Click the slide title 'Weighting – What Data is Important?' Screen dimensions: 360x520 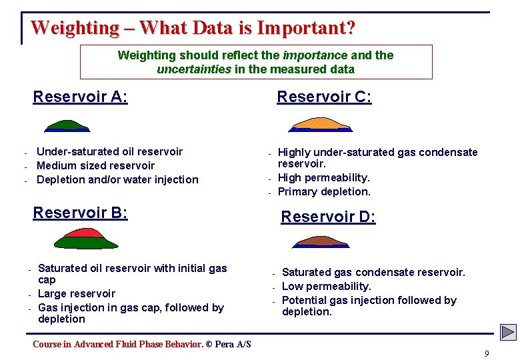pyautogui.click(x=193, y=28)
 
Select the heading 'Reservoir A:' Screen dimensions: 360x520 pyautogui.click(x=80, y=97)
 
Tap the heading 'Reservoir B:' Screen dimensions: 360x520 pyautogui.click(x=80, y=213)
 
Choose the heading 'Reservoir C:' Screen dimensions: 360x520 pyautogui.click(x=324, y=97)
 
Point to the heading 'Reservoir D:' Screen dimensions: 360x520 pyautogui.click(x=328, y=217)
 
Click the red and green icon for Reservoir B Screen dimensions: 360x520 pyautogui.click(x=85, y=238)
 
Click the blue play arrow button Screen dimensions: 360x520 pyautogui.click(x=508, y=332)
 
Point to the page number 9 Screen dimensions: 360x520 pyautogui.click(x=487, y=353)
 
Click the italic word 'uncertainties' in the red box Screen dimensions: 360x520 pyautogui.click(x=193, y=69)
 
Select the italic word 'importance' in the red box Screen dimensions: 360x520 pyautogui.click(x=315, y=55)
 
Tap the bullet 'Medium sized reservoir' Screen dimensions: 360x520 pyautogui.click(x=95, y=165)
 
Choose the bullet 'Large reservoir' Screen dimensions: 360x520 pyautogui.click(x=77, y=293)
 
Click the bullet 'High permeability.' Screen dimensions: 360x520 pyautogui.click(x=323, y=177)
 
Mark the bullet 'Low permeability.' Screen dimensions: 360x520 pyautogui.click(x=327, y=286)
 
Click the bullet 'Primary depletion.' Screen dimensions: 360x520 pyautogui.click(x=324, y=191)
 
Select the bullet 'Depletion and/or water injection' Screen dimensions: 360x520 pyautogui.click(x=117, y=179)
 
